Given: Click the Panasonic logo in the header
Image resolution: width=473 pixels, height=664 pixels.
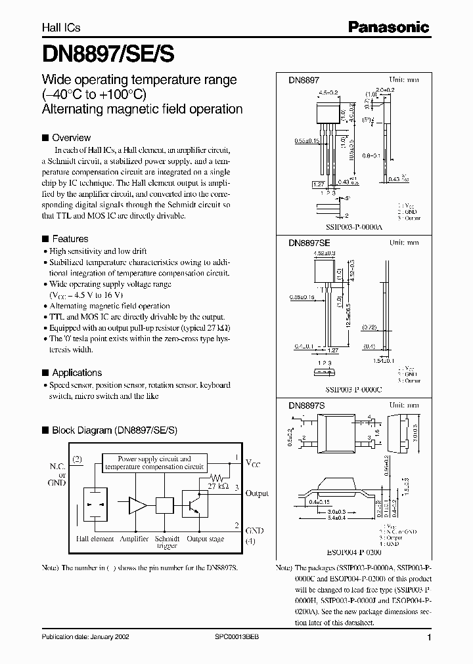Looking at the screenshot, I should [x=388, y=27].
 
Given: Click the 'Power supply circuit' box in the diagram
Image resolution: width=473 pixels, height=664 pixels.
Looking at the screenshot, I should [x=154, y=463].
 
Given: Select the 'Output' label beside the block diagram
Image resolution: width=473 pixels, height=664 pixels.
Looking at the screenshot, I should [x=257, y=493].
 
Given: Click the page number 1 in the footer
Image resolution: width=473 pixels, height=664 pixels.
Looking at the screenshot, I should [x=428, y=638].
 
